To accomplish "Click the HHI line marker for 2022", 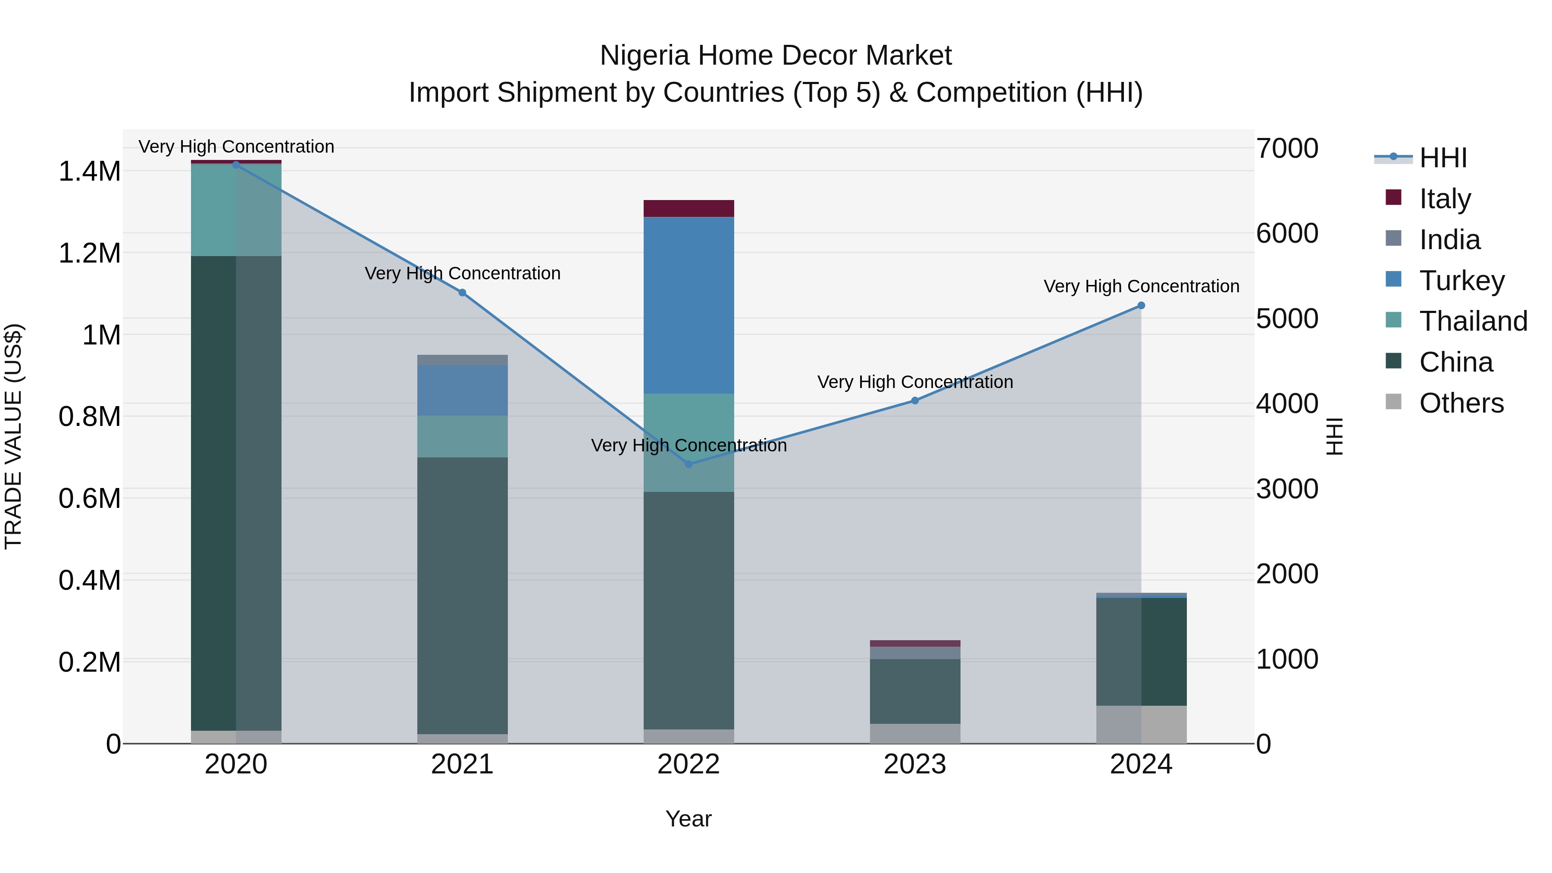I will (688, 464).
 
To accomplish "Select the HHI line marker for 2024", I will (1140, 306).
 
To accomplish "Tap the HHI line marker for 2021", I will (462, 293).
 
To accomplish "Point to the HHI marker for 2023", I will (914, 401).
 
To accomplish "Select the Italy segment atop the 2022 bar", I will (688, 209).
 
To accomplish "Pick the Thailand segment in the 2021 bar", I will (462, 436).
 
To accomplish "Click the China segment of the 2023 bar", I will (914, 691).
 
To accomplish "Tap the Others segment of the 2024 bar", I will (1140, 724).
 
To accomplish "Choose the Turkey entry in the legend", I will (1461, 281).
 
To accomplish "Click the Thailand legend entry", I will (1473, 321).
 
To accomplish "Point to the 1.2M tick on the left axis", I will (89, 253).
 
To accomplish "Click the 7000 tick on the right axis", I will (1287, 149).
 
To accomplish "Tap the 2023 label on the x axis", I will (914, 764).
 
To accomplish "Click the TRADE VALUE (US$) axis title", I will (13, 436).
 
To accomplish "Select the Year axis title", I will (688, 819).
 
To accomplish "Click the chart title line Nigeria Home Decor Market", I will (776, 56).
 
